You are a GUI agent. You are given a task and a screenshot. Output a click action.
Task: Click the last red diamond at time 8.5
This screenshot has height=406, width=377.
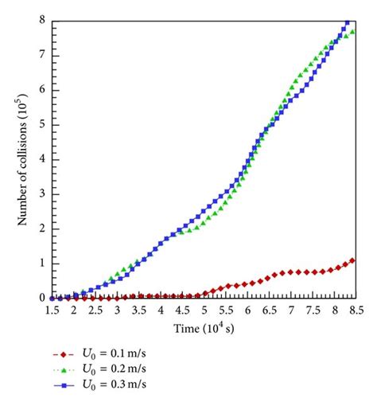tap(352, 260)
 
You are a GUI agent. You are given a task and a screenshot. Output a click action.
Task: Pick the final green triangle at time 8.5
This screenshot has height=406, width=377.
tap(352, 33)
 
